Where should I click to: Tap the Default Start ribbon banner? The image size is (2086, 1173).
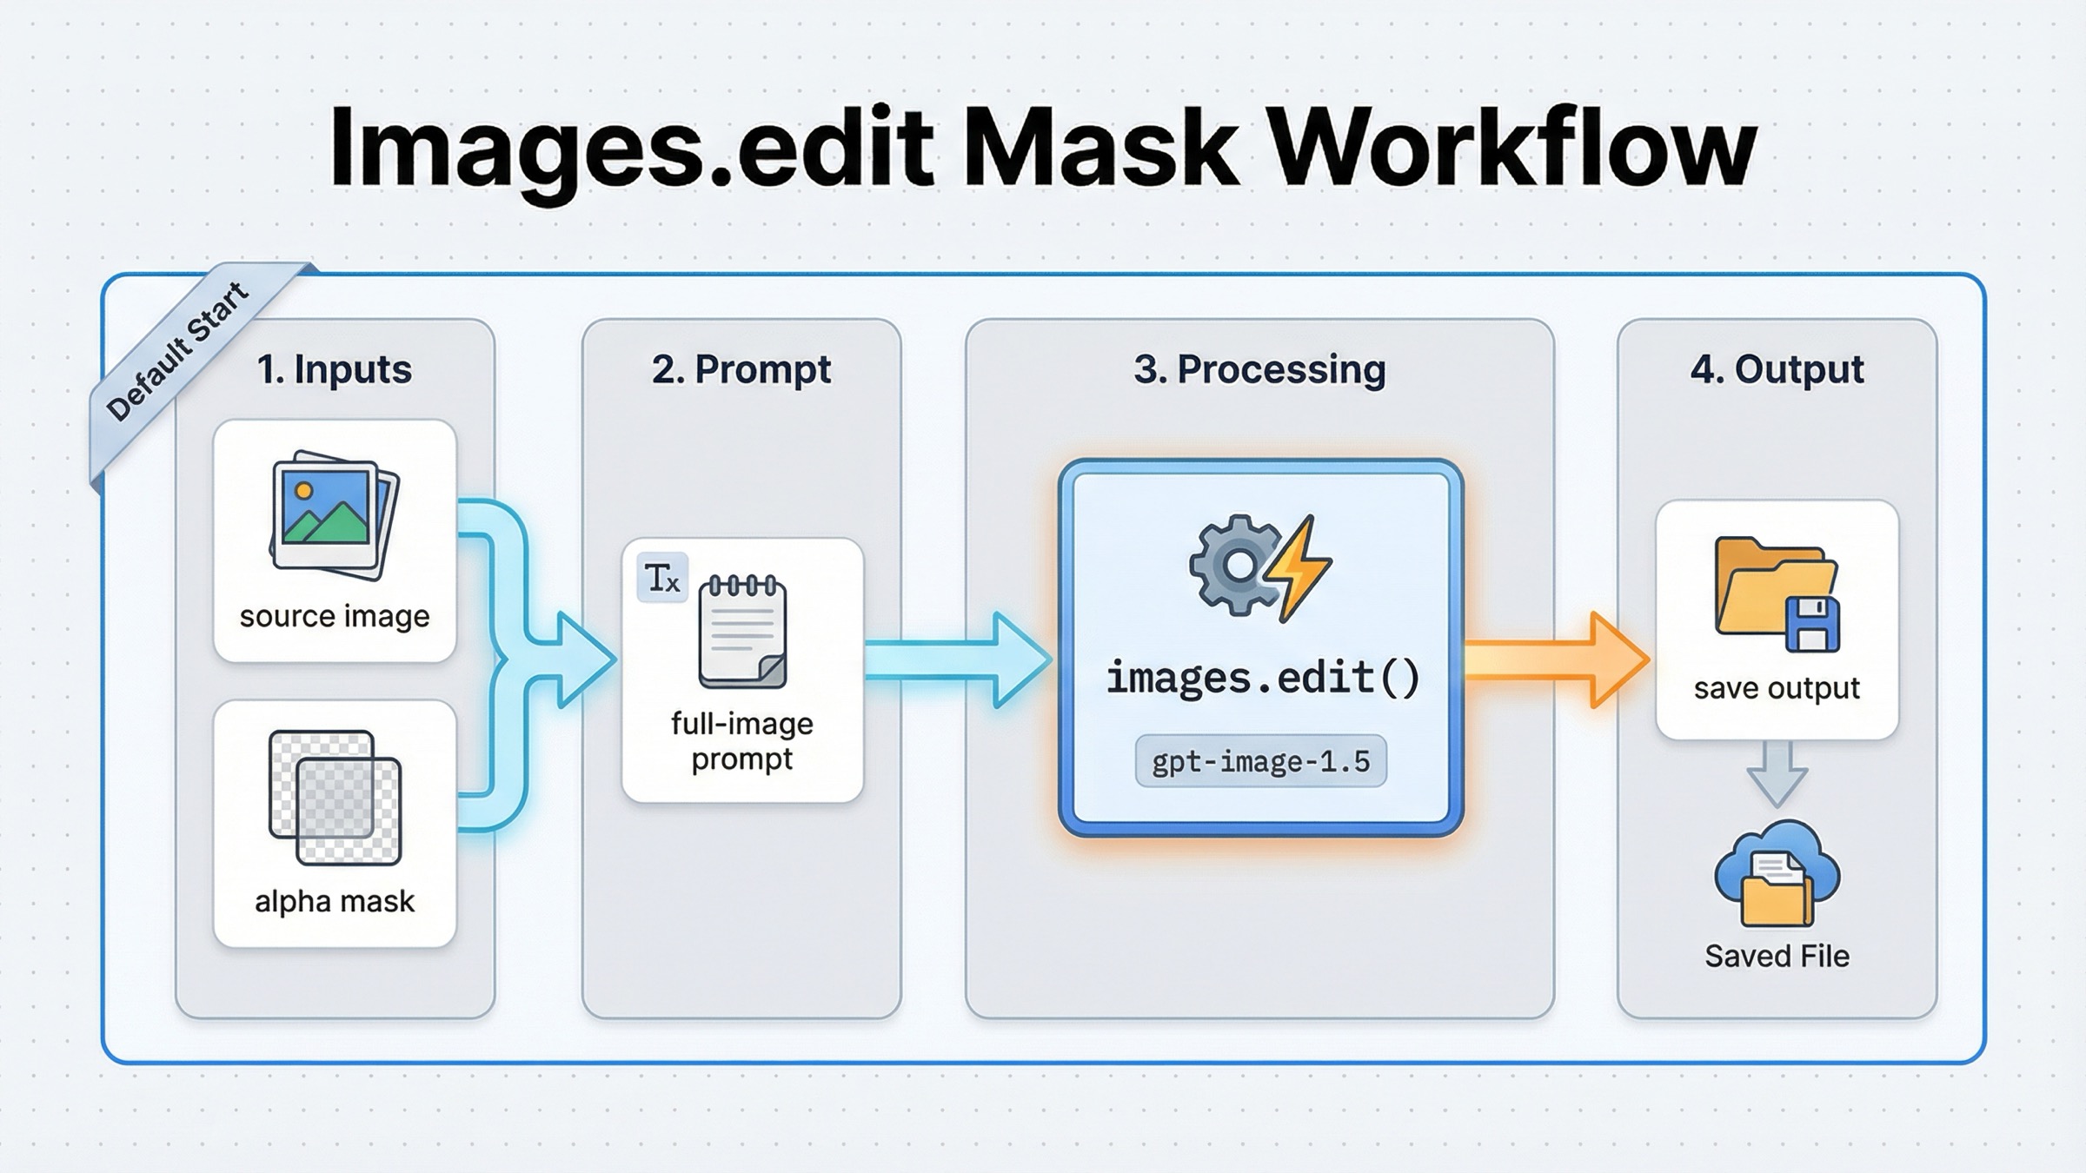click(178, 352)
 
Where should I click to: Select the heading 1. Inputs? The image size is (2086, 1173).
click(335, 369)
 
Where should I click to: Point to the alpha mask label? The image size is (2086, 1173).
click(335, 901)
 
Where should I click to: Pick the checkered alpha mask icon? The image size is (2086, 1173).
click(335, 798)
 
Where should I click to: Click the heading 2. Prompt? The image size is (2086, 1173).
click(741, 369)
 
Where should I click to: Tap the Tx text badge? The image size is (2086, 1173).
click(662, 578)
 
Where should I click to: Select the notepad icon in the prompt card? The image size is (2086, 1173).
click(742, 632)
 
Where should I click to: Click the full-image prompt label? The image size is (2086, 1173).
click(742, 741)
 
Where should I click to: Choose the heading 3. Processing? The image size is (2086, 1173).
click(1259, 369)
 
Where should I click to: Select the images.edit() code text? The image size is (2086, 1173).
click(1262, 678)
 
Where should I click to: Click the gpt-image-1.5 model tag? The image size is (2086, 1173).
click(1260, 761)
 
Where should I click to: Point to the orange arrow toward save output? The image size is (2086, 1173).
click(1556, 659)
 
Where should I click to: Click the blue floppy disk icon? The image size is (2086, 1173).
click(1812, 624)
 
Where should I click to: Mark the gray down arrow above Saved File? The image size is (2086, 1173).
click(1777, 773)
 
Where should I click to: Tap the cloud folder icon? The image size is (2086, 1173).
click(1777, 876)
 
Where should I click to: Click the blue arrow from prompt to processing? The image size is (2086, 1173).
click(956, 659)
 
